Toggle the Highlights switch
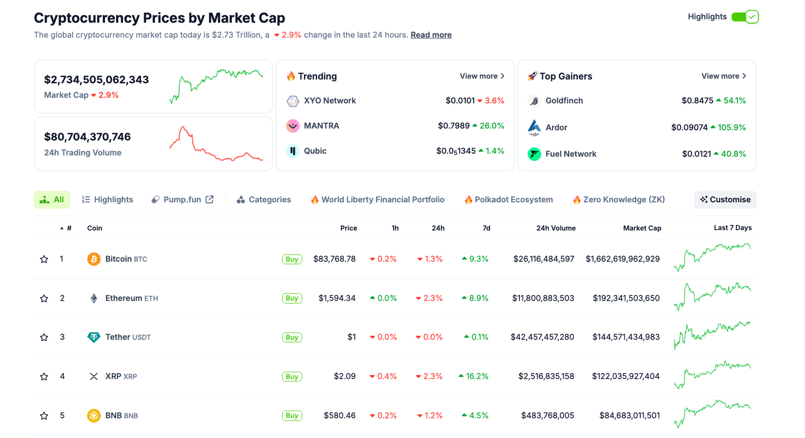point(745,17)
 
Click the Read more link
point(431,35)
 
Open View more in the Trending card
point(482,76)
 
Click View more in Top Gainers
point(723,76)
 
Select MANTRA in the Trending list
point(321,126)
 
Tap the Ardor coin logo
point(534,127)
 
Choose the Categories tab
point(264,200)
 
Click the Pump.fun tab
point(182,200)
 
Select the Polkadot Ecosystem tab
point(508,200)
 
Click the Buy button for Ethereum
point(292,298)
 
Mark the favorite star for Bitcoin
point(44,259)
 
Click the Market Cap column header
point(642,228)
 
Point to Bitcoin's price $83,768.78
point(334,259)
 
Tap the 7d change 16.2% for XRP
point(474,376)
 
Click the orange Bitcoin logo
point(94,259)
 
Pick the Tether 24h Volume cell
point(542,337)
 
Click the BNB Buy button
point(292,415)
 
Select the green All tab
point(52,200)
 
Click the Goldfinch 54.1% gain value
point(731,101)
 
